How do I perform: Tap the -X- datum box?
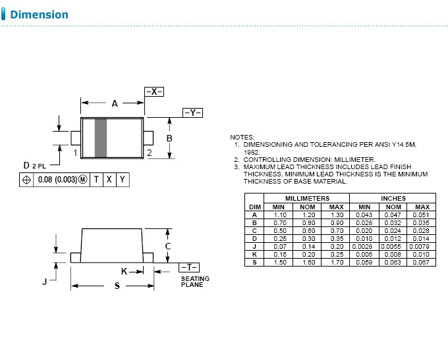click(154, 92)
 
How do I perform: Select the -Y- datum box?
click(192, 113)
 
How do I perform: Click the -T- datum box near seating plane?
click(188, 267)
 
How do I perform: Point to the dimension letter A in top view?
click(115, 103)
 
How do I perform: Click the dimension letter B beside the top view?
click(169, 138)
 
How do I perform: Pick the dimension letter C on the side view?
click(169, 246)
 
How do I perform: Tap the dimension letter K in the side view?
click(124, 271)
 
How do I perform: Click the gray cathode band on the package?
click(101, 138)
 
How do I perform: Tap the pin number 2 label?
click(150, 153)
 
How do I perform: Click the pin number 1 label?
click(76, 153)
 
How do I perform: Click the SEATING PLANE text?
click(195, 282)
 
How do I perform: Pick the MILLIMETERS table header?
click(306, 198)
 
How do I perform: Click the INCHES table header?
click(393, 198)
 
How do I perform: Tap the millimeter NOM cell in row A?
click(307, 215)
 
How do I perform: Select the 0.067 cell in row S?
click(422, 262)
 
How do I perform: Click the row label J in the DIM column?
click(254, 246)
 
